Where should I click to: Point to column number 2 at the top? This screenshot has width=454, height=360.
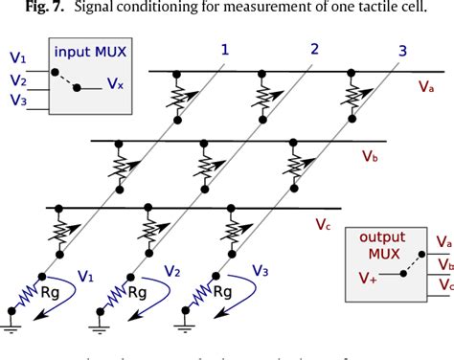point(314,48)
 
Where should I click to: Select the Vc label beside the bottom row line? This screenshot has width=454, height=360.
point(324,225)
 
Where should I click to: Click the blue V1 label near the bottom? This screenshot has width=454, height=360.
point(85,277)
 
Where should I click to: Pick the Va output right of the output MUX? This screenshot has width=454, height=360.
point(444,241)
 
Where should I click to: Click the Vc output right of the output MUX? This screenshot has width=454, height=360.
point(444,283)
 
